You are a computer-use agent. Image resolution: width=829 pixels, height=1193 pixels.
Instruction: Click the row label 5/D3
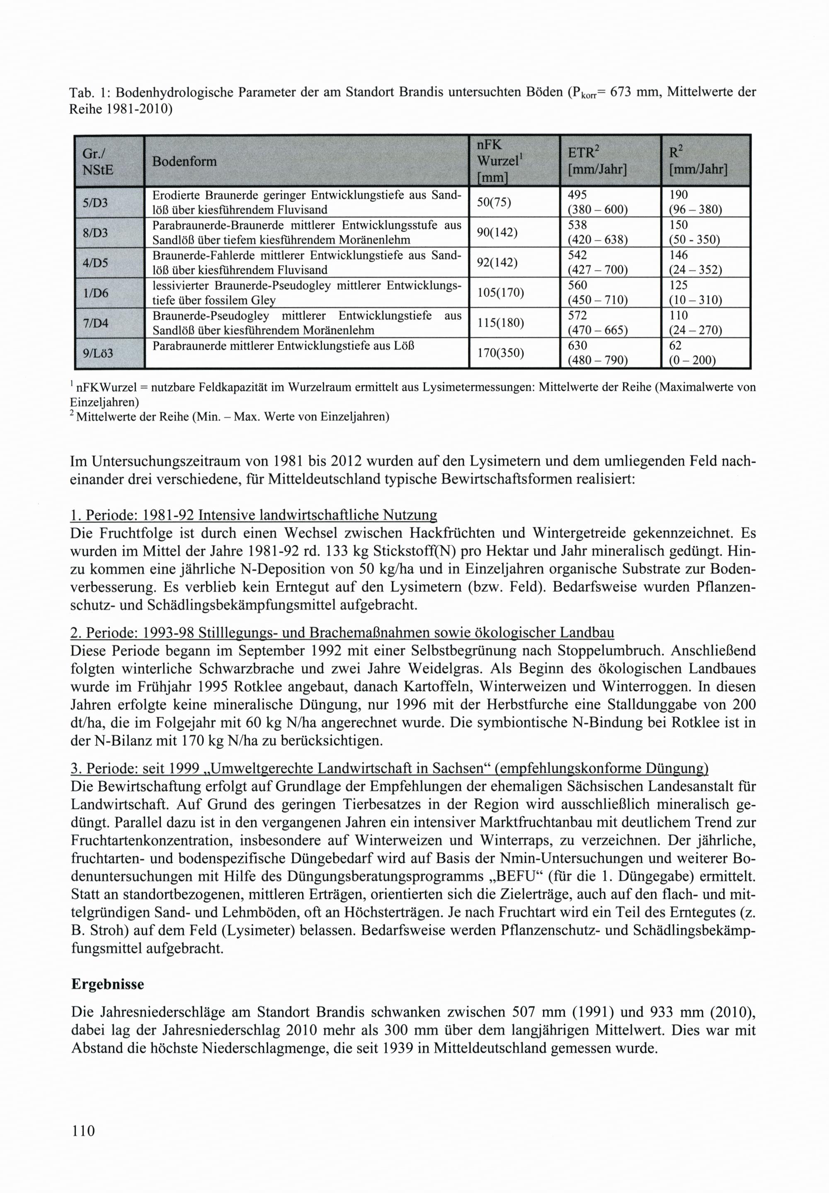click(96, 203)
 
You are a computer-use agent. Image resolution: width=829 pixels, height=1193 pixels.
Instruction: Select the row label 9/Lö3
click(98, 353)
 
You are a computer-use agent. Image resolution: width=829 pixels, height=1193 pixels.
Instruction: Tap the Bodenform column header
click(184, 162)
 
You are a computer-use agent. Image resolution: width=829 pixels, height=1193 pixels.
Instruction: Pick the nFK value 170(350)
click(501, 353)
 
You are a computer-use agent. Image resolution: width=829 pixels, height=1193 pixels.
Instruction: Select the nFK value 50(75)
click(494, 203)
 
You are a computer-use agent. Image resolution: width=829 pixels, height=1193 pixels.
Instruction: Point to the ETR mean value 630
click(577, 346)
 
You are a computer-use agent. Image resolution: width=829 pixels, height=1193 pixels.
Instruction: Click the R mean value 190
click(679, 195)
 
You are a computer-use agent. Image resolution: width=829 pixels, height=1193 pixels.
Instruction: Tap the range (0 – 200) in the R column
click(692, 360)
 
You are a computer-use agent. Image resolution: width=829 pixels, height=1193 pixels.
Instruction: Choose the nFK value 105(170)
click(501, 293)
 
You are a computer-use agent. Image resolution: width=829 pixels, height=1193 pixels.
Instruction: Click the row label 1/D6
click(96, 293)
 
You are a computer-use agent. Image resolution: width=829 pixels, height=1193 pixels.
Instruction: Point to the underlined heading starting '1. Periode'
click(254, 515)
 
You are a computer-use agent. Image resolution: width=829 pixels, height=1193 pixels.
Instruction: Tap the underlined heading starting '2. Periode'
click(342, 633)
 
